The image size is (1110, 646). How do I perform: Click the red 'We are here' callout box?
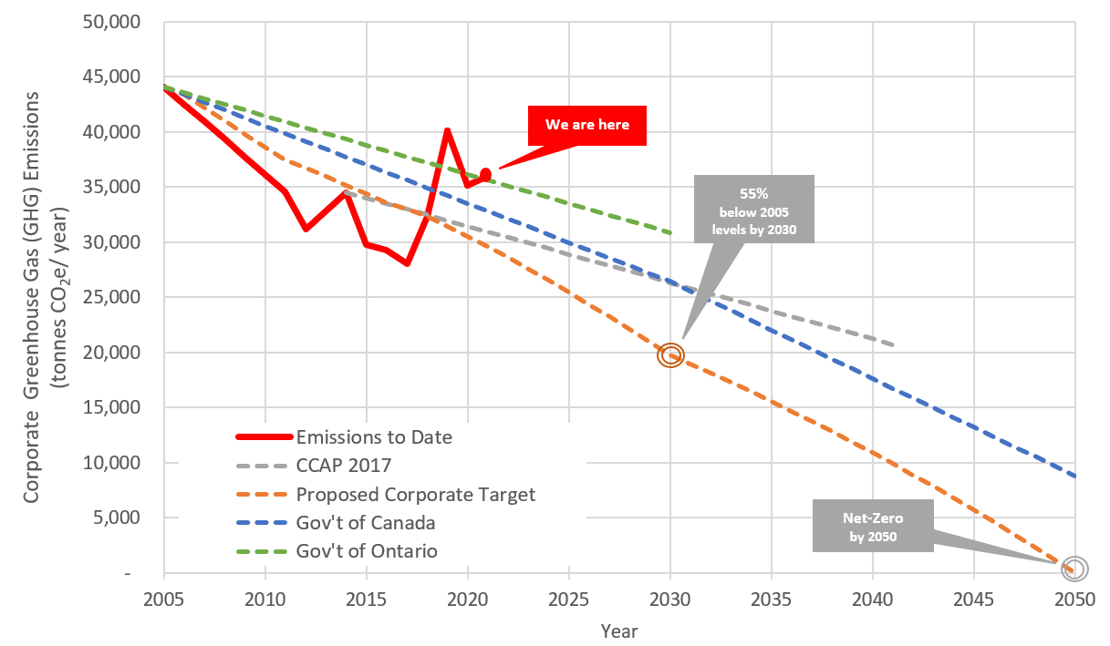(587, 125)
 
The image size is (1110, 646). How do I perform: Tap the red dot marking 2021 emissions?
(486, 174)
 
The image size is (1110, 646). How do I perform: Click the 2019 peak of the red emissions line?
(447, 130)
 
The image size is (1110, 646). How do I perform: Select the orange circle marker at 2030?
(671, 355)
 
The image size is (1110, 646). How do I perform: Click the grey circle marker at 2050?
(1075, 568)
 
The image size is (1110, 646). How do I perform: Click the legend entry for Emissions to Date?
(374, 437)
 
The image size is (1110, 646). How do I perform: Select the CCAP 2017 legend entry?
(343, 466)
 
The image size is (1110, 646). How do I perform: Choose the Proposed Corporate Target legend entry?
(415, 495)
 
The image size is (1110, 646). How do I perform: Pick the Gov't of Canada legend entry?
(366, 523)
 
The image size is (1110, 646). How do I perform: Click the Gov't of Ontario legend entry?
(367, 551)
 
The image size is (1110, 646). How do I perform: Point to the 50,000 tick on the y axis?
(127, 22)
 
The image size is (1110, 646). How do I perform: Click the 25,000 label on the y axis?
(127, 298)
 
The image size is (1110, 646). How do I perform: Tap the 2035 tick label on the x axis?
(772, 600)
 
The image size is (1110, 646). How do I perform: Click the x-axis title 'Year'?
(619, 631)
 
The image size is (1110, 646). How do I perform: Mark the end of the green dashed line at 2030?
(670, 233)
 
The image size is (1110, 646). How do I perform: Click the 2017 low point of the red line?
(407, 263)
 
